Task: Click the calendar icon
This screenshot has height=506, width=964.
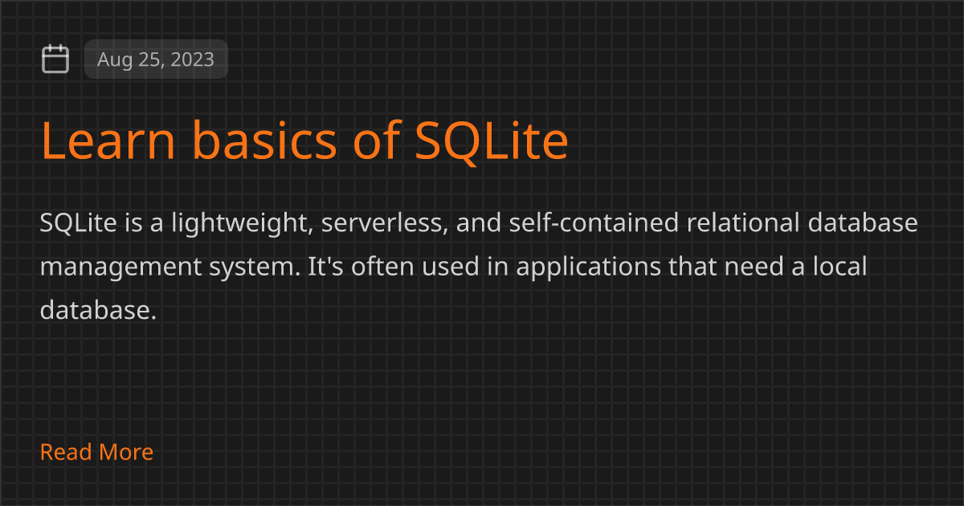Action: click(55, 59)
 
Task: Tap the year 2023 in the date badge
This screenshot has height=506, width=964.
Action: click(192, 59)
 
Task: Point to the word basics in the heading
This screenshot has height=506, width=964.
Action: click(264, 140)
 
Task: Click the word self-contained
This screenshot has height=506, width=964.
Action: click(594, 222)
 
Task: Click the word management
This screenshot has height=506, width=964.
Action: click(121, 267)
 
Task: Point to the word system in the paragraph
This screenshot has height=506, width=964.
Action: click(255, 267)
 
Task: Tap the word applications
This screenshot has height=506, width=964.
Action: click(588, 267)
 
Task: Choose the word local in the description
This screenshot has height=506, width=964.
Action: click(839, 266)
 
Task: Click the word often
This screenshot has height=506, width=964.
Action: click(382, 266)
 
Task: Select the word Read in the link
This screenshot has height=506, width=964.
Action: click(66, 451)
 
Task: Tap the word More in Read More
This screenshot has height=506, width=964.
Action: click(126, 451)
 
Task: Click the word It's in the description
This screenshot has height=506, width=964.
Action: click(325, 266)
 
